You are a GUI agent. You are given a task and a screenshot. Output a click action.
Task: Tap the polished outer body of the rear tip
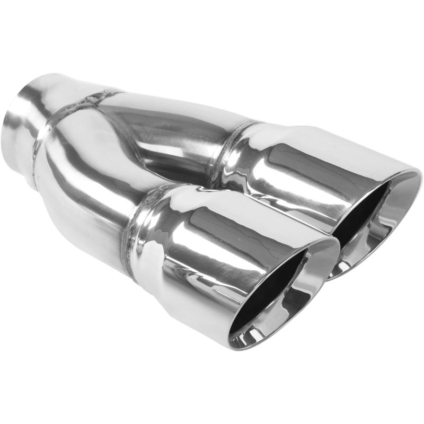297,170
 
